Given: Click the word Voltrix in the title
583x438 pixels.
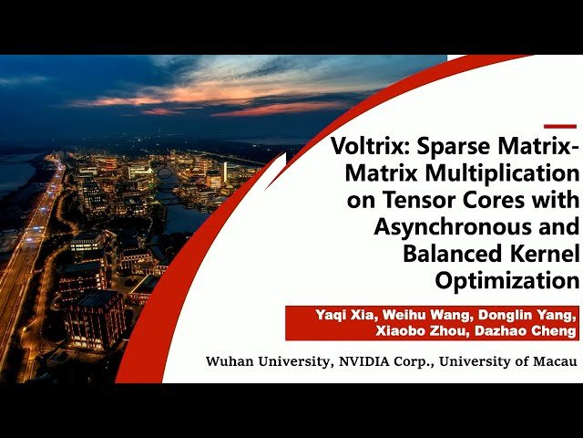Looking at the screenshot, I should click(x=365, y=146).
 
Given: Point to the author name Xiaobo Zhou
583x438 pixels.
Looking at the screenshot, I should click(x=429, y=332).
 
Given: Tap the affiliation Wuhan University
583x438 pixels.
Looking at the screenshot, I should click(x=264, y=362).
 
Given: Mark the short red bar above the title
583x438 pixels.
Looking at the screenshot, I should click(x=560, y=126).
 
